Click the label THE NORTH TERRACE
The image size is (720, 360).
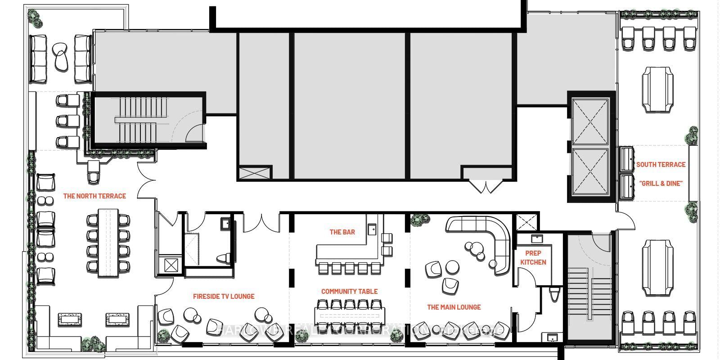tap(94, 196)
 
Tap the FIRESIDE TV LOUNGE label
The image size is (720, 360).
tap(224, 297)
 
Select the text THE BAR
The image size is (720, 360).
tap(342, 232)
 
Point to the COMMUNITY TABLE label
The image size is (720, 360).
tap(349, 292)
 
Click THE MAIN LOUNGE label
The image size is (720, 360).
tap(454, 307)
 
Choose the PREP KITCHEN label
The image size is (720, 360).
tap(533, 257)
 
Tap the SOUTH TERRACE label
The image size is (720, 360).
tap(661, 165)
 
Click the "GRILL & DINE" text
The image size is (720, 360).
tap(661, 184)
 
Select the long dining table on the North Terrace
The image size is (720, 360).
tap(108, 242)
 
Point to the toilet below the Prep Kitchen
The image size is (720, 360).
tap(554, 295)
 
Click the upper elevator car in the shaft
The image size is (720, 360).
tap(589, 121)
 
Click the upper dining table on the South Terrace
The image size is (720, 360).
tap(657, 89)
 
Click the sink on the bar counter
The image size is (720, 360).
tap(372, 230)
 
